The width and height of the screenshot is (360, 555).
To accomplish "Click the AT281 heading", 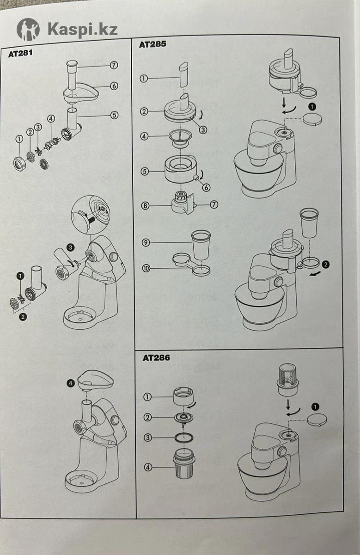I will pos(21,53).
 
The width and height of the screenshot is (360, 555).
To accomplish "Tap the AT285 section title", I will pos(153,44).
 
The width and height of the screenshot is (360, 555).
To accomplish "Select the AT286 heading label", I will pos(156,358).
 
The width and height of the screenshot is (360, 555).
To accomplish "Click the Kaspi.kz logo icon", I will pos(28,30).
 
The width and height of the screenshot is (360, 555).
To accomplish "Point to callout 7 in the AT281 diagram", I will pos(114,65).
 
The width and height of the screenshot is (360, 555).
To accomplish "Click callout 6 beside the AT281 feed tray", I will pos(114,86).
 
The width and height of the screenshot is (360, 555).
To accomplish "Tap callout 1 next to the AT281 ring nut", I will pos(19,139).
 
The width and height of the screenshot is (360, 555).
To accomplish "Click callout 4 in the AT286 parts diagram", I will pos(148,467).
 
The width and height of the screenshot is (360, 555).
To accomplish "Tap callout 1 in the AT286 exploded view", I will pos(148,396).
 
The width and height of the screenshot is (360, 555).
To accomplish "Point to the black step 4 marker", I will pos(70,383).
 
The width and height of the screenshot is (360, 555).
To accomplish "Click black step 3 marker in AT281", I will pos(70,248).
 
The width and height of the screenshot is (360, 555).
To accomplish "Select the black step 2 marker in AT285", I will pos(326,265).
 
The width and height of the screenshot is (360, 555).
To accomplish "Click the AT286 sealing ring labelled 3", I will pos(184,437).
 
